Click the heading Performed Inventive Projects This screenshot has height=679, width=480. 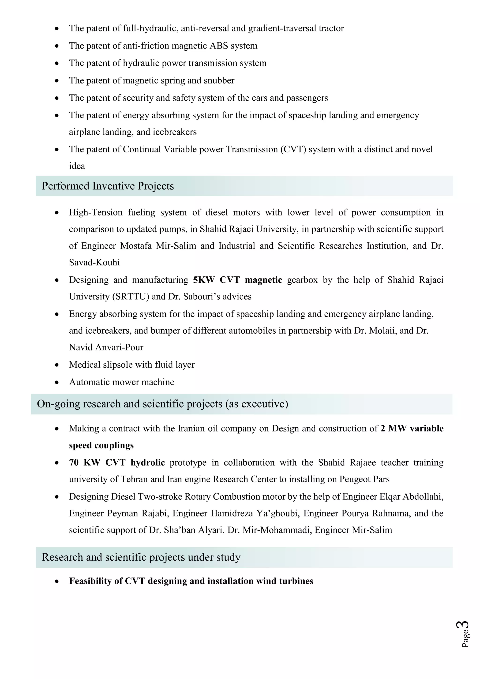(108, 186)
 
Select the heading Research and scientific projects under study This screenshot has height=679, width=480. (141, 557)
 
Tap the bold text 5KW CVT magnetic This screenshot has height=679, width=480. (237, 280)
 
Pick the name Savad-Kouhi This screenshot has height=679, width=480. (94, 263)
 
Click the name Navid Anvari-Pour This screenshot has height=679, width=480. (106, 347)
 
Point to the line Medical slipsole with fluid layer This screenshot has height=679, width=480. (132, 365)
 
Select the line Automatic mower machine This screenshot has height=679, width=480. (121, 382)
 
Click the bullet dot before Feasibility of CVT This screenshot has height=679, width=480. (57, 581)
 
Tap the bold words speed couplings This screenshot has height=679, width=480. (101, 445)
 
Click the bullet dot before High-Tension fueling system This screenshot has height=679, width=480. (57, 213)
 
